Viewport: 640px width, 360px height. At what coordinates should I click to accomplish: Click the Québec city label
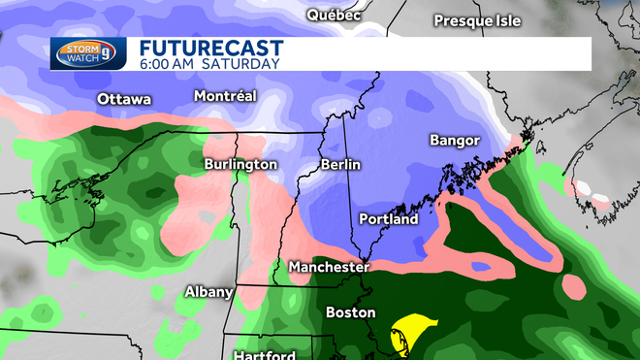(x=334, y=15)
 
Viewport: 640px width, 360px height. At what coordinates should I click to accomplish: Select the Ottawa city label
(x=124, y=99)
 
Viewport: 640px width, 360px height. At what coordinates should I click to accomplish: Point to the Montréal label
(x=225, y=96)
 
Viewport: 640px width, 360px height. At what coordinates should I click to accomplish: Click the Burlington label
(x=240, y=165)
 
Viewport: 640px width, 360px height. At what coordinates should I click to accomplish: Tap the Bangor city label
(x=455, y=141)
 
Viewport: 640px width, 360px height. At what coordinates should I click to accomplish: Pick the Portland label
(x=388, y=219)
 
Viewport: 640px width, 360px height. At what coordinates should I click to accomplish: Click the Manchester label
(x=329, y=266)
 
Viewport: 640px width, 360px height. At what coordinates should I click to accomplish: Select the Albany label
(x=209, y=292)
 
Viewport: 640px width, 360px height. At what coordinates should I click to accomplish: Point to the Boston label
(x=350, y=312)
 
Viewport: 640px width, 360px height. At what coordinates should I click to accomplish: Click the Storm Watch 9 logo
(x=88, y=53)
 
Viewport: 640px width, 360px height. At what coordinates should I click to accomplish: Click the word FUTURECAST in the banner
(x=210, y=47)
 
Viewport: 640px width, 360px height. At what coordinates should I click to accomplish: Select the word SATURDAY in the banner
(x=242, y=64)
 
